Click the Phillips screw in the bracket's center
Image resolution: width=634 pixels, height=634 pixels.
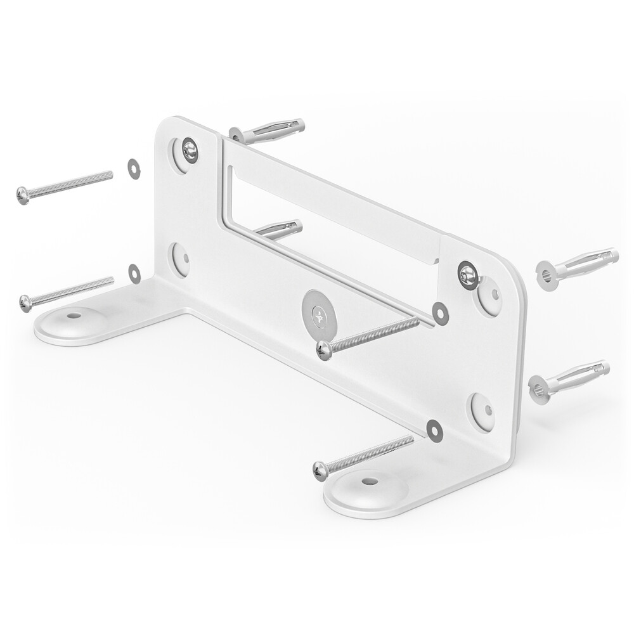(318, 314)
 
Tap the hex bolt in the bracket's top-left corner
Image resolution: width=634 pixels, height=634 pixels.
(189, 150)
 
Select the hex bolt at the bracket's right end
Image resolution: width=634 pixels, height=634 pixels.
(468, 275)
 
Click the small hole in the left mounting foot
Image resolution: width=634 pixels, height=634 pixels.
(75, 314)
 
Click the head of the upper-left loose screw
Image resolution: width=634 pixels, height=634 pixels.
(23, 195)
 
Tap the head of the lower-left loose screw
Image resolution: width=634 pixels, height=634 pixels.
(25, 303)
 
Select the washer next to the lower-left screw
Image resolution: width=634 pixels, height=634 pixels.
(134, 273)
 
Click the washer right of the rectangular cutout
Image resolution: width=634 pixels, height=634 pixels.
(440, 313)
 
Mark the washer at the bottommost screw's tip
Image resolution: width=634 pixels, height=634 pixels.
(434, 430)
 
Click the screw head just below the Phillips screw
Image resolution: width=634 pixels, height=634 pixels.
(324, 350)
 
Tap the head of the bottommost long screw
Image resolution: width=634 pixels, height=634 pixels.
(321, 470)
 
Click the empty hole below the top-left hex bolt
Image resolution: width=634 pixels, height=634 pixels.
(180, 258)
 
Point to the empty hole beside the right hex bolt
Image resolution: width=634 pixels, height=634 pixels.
(489, 296)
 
